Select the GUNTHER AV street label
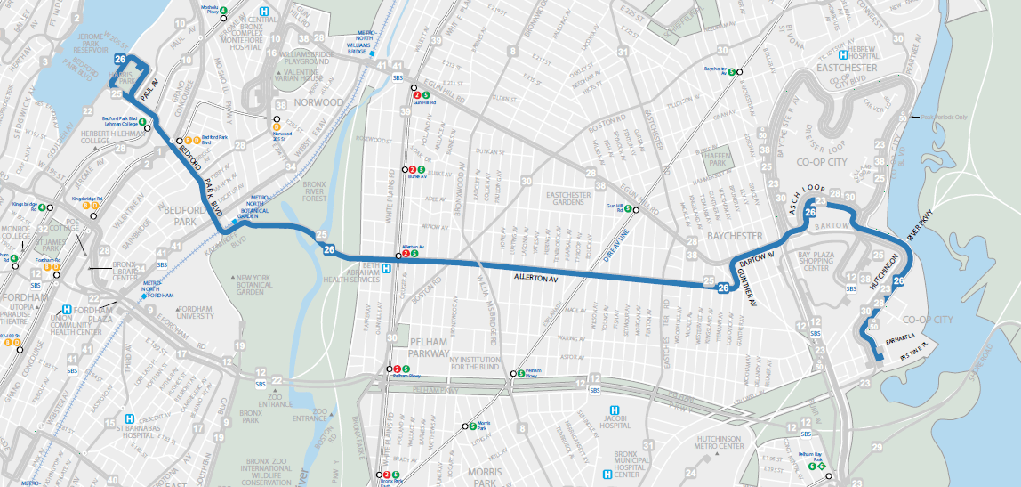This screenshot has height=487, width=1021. point(748,287)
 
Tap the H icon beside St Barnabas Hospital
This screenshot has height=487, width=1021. point(131,418)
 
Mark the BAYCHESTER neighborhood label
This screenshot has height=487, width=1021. point(736,235)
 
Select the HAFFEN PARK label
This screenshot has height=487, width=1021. point(716,162)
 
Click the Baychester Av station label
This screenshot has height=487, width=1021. point(717,69)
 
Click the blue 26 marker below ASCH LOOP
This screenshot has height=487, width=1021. point(810,213)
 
